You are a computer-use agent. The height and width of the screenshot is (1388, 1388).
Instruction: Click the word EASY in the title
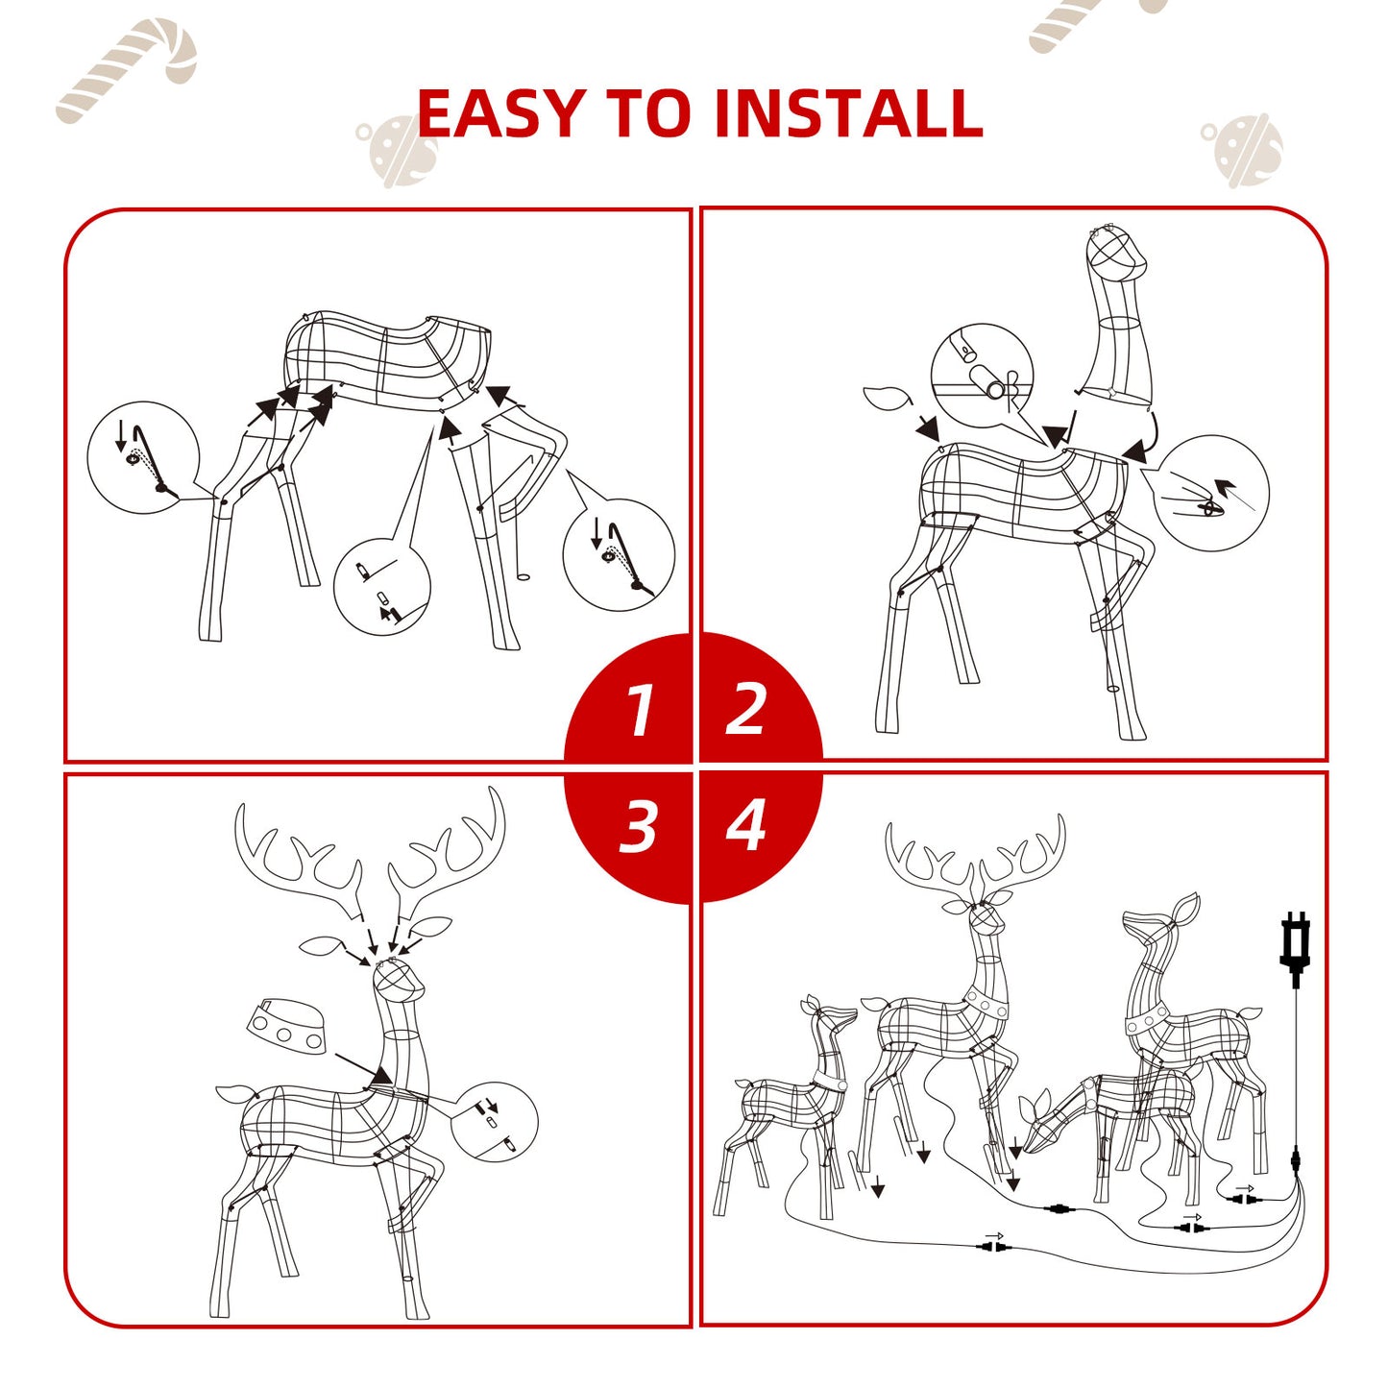(x=500, y=113)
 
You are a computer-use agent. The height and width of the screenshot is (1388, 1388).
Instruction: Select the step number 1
(x=639, y=712)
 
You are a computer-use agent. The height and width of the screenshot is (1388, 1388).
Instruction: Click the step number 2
(x=746, y=710)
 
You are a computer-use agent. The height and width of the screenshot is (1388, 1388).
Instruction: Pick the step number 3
(x=639, y=825)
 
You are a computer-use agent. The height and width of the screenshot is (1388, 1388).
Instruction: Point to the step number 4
(x=746, y=825)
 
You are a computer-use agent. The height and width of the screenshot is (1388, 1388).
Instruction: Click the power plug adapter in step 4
(x=1295, y=946)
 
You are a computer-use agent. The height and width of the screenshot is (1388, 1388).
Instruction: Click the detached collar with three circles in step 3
(x=286, y=1026)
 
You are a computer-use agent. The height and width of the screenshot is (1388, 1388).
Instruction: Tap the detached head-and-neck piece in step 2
(x=1117, y=317)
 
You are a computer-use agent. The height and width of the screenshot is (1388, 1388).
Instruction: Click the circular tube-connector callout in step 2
(x=982, y=376)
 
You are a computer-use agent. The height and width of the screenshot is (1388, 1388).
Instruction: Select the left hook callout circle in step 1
(x=143, y=457)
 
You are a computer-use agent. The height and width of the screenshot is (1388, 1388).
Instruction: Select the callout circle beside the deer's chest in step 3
(x=493, y=1121)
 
